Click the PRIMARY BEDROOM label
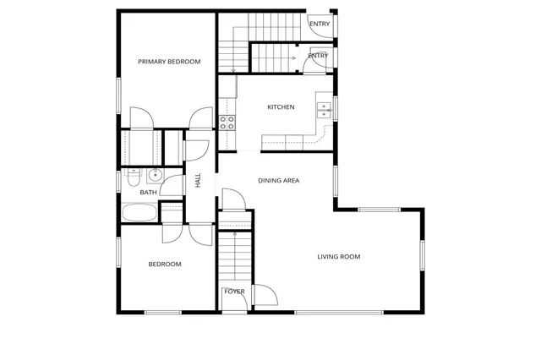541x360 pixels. point(169,62)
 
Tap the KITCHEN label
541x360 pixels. point(281,107)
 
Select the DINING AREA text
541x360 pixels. point(278,181)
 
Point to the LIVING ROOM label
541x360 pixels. point(339,257)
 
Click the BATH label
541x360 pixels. point(148,193)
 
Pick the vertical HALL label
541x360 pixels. point(199,180)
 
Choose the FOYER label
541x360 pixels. point(234,292)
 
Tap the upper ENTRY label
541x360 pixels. point(320,24)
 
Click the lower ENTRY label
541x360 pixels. point(318,56)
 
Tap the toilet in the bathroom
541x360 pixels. point(133,179)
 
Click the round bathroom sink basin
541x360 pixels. point(154,176)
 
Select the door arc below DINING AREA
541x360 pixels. point(232,200)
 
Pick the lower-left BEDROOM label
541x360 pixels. point(165,265)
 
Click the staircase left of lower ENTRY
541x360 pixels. point(272,57)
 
